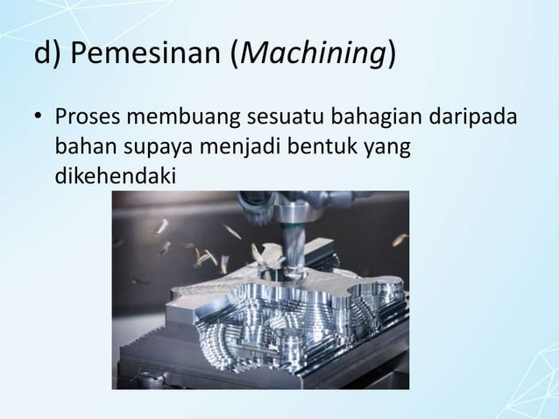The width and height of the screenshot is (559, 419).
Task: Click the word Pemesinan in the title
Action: tap(144, 54)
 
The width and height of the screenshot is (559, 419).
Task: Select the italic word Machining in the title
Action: tap(310, 54)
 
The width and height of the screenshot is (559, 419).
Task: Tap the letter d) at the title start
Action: tap(46, 54)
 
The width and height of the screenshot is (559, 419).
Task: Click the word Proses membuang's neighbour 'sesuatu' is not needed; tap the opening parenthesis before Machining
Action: tap(234, 54)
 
